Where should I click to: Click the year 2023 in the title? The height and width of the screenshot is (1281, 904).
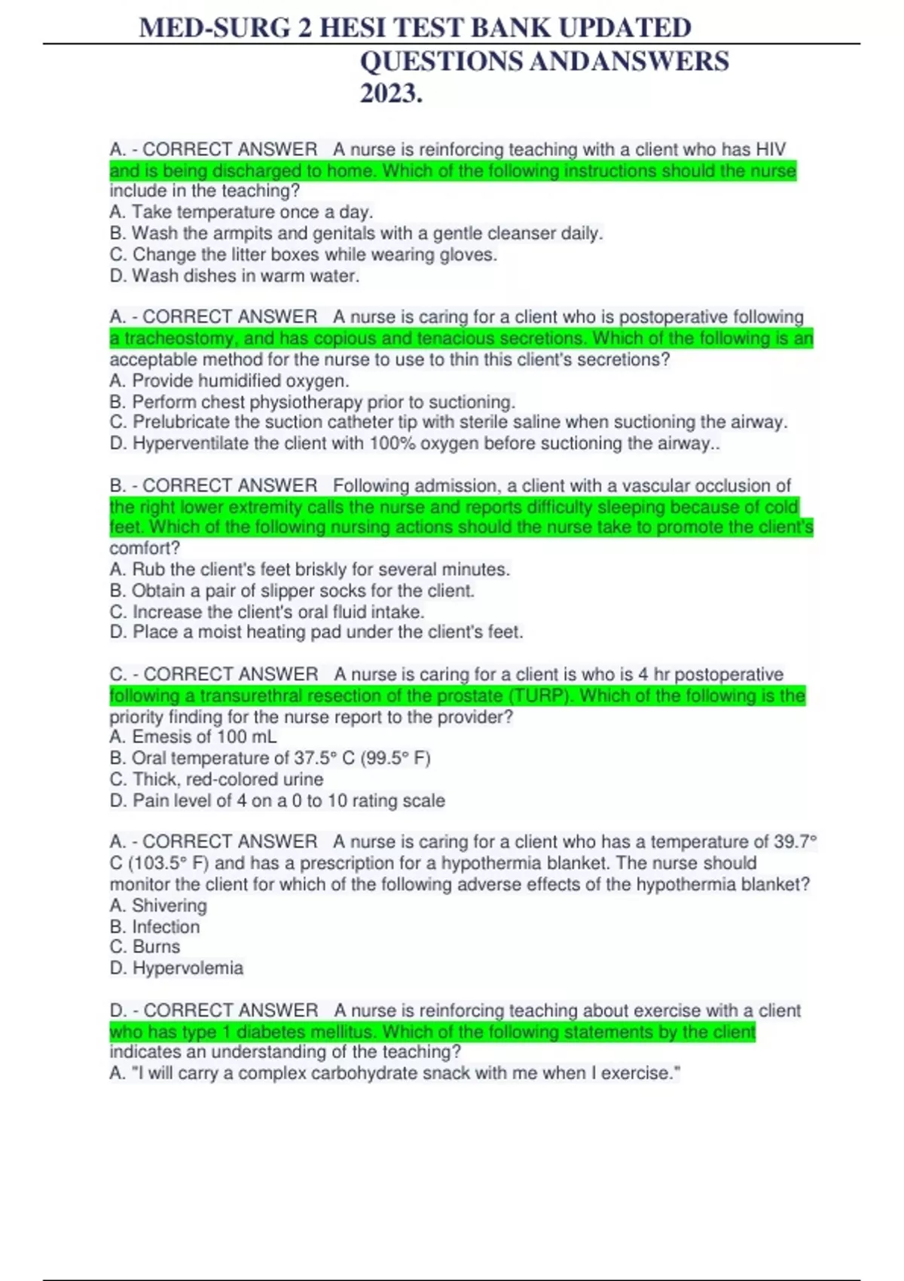(x=390, y=93)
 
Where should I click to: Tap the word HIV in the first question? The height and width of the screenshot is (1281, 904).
(x=771, y=149)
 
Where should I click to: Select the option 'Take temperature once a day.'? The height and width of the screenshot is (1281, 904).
(x=241, y=212)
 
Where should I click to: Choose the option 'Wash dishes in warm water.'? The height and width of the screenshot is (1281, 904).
(x=234, y=276)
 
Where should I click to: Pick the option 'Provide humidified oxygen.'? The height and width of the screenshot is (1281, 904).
(x=229, y=381)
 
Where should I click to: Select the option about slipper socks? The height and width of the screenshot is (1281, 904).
(x=292, y=591)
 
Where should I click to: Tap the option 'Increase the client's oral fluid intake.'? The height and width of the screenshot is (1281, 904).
(x=267, y=612)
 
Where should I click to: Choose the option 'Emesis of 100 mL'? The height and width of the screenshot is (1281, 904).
(x=193, y=736)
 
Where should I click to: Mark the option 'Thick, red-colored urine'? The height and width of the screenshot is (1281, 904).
(x=216, y=779)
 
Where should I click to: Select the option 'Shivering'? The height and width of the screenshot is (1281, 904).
(x=158, y=906)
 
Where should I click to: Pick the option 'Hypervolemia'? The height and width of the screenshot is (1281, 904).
(x=176, y=968)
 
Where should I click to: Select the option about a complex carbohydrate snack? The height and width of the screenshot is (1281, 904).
(x=395, y=1073)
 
